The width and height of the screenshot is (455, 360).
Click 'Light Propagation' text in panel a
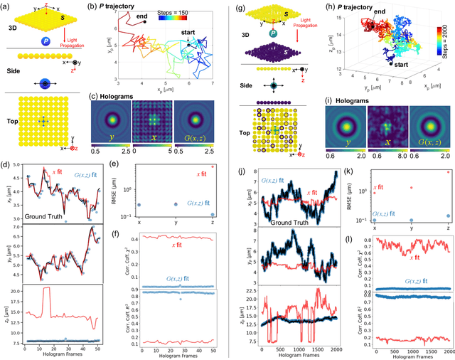coord(70,40)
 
